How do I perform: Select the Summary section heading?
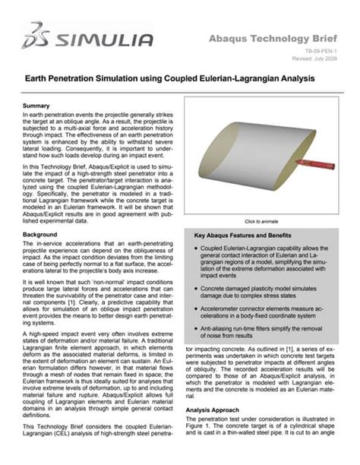pyautogui.click(x=36, y=105)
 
